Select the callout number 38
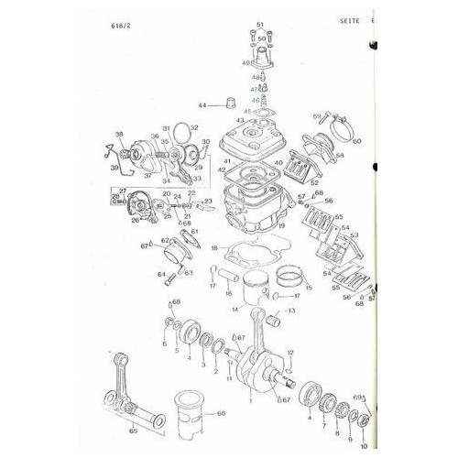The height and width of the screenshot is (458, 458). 116,135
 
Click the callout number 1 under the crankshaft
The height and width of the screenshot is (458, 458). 249,400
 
